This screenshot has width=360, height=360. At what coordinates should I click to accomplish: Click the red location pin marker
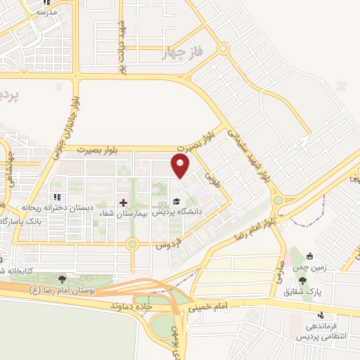(x=182, y=166)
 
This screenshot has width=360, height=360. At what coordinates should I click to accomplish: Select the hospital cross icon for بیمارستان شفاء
(x=124, y=202)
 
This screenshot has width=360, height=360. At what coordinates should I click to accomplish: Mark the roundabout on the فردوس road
(x=131, y=244)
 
